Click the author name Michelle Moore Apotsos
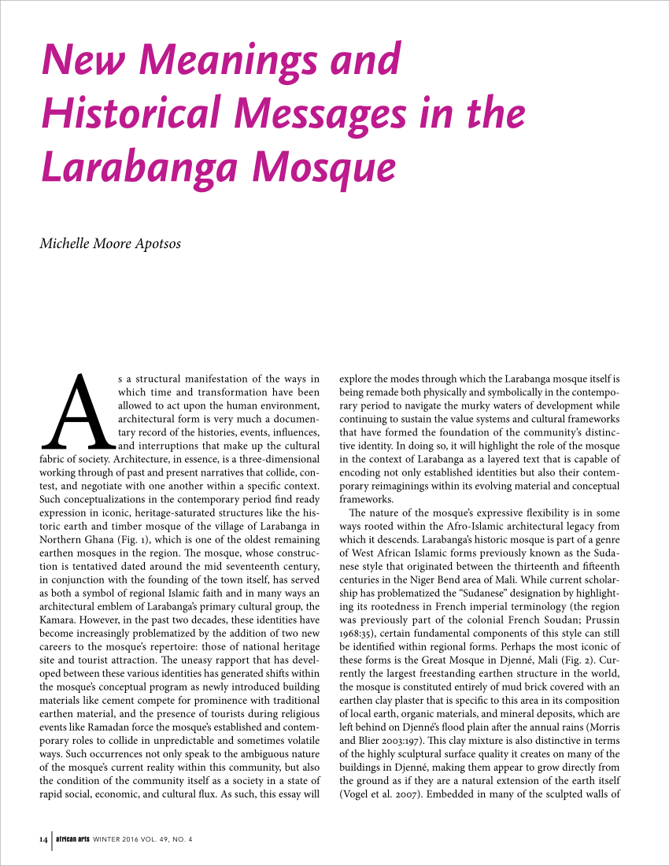(x=110, y=243)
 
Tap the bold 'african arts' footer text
(x=73, y=838)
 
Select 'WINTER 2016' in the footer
(x=116, y=838)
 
